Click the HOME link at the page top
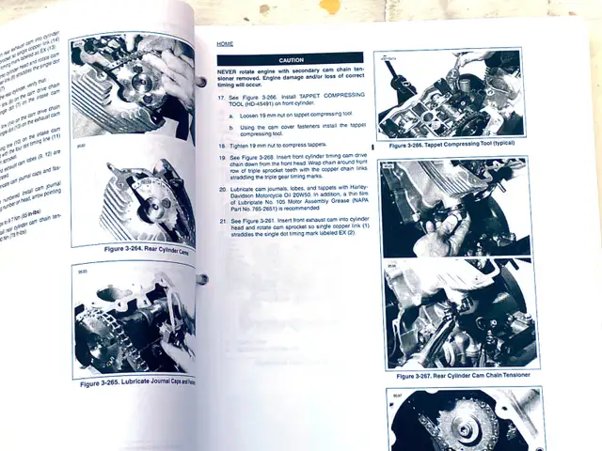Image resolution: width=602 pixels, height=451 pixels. pos(225,44)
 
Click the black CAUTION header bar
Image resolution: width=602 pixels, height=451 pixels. pos(290,59)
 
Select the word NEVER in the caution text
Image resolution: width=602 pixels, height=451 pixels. pos(229,71)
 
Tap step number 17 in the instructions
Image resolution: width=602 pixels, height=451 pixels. pos(221,97)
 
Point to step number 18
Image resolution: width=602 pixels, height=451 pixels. pos(221,147)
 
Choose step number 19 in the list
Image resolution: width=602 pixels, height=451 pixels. pos(221,158)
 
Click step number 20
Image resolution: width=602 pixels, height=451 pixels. pos(221,188)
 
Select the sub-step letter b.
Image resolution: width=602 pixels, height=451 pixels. pos(231,126)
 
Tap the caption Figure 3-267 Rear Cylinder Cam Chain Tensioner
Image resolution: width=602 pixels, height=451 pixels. pos(464,375)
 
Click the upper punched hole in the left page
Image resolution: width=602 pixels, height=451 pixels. pos(201,82)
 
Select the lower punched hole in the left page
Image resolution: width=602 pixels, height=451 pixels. pos(202,279)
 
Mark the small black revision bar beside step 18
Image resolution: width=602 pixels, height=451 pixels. pos(372,147)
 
